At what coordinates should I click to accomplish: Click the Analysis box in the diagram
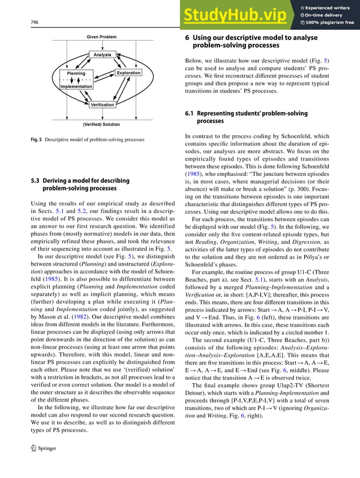(102, 55)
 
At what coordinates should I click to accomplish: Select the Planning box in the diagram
(76, 73)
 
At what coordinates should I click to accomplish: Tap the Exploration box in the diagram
(129, 73)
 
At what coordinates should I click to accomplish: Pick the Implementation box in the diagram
(76, 86)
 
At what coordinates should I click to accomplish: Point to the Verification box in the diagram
(102, 105)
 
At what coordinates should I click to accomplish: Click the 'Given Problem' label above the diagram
(102, 37)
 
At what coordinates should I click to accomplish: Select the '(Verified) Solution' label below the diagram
(102, 124)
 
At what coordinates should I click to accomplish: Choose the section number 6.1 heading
(190, 114)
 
